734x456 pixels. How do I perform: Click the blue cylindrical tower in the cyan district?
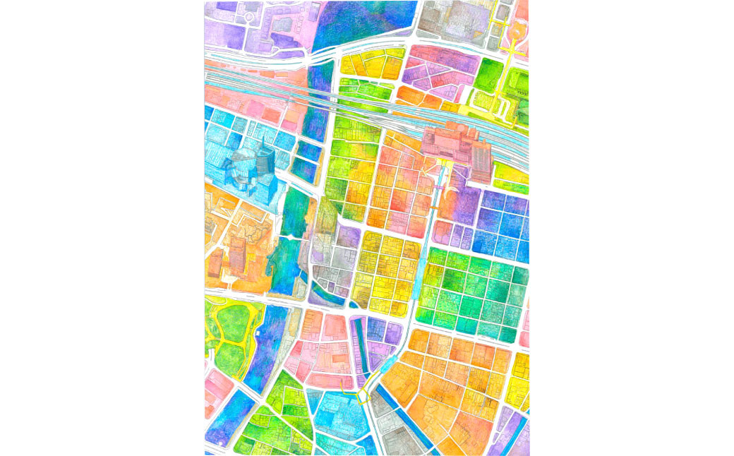[x=264, y=163]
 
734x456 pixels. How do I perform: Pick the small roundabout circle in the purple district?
[x=249, y=16]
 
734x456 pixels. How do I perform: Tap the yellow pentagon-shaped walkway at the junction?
[x=364, y=397]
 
